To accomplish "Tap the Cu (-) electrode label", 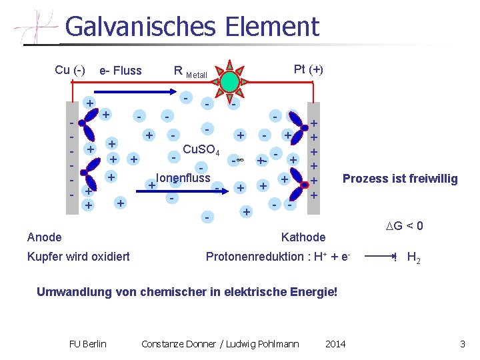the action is [x=70, y=70].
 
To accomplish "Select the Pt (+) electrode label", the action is [x=308, y=69].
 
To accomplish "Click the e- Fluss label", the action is [x=120, y=71].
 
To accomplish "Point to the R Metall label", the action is [x=190, y=71].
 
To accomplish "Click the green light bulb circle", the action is [x=229, y=81].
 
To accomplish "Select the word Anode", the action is [x=45, y=237].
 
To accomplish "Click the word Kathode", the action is [x=303, y=237].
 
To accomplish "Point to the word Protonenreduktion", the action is [x=257, y=257].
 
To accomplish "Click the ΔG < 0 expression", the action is [x=404, y=227].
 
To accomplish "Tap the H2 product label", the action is [x=413, y=258].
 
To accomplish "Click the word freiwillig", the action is [x=433, y=179].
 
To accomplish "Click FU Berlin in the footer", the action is [x=87, y=344].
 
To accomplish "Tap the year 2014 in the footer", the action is [x=335, y=344].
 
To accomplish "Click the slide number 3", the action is [x=462, y=344].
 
